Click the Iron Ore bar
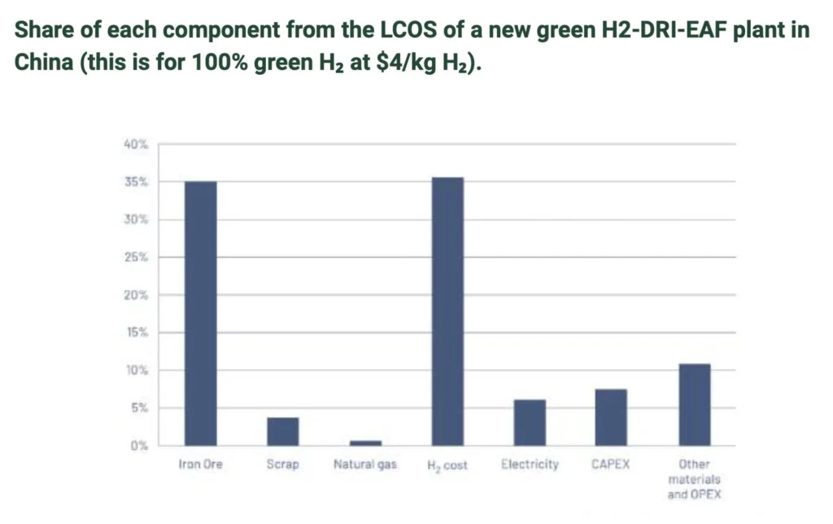pos(200,313)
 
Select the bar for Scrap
pos(282,431)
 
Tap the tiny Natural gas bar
pos(365,443)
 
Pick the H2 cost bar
pos(447,311)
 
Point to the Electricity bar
pos(530,422)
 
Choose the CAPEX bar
pos(611,417)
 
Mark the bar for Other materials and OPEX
pos(694,404)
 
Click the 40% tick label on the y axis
pos(136,144)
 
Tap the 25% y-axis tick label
pos(136,257)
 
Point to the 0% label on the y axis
pos(139,446)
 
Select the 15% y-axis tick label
pos(136,333)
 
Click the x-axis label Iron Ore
pos(200,465)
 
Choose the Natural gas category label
pos(365,465)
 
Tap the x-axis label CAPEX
pos(611,465)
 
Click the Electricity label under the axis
pos(530,465)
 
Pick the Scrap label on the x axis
pos(282,465)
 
